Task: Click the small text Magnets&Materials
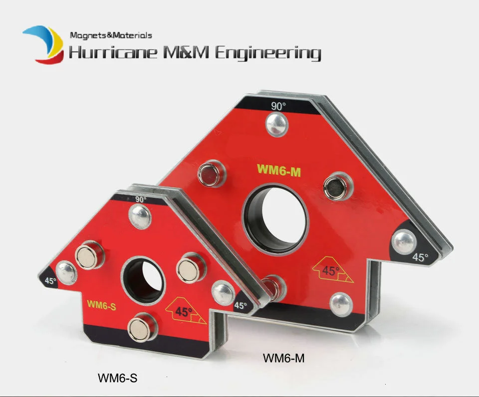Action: point(111,35)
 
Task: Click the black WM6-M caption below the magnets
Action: point(283,358)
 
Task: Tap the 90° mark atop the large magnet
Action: point(278,106)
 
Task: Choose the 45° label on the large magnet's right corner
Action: point(421,258)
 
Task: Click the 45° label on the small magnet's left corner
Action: point(50,280)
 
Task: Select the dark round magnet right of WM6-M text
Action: point(333,187)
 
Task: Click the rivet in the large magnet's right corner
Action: point(404,241)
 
